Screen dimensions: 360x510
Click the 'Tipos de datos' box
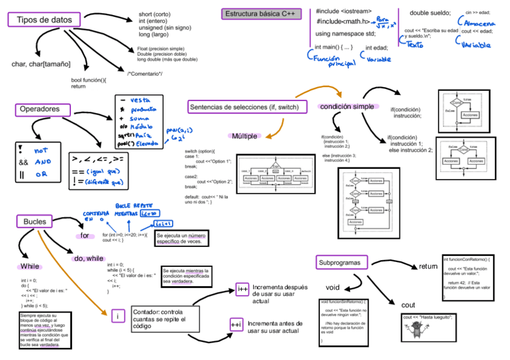click(44, 20)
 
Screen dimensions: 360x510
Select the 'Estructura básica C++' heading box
click(260, 14)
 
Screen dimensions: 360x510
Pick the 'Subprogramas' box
click(340, 263)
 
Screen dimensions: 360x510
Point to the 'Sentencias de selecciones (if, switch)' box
click(244, 107)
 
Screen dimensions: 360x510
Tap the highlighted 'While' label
click(29, 266)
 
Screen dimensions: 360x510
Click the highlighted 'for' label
click(85, 236)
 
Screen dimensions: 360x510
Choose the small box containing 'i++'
click(242, 289)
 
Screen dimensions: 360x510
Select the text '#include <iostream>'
click(343, 11)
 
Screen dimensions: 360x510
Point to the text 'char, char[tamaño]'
click(41, 64)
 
